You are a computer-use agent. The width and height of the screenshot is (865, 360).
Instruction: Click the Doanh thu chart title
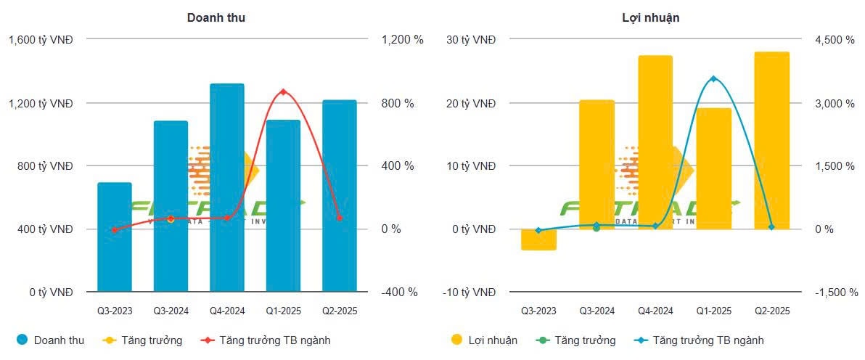(216, 17)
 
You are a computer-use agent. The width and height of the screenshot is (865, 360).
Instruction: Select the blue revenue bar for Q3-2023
(114, 237)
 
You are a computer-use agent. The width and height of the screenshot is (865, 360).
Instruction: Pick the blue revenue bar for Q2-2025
(340, 195)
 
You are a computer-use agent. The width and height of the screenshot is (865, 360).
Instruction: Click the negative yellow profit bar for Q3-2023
(538, 240)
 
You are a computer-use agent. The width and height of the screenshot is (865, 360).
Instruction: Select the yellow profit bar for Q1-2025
(713, 168)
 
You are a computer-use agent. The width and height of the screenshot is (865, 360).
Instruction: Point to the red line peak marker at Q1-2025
(283, 92)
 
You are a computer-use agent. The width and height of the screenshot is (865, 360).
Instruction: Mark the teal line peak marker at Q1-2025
(713, 78)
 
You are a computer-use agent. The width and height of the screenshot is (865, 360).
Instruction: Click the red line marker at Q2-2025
(340, 218)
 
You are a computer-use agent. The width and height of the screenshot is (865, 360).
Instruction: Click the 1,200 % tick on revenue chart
(402, 40)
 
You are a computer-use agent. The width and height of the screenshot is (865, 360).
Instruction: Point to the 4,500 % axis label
(834, 40)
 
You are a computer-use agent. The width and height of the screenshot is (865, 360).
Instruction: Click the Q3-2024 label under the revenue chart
(171, 311)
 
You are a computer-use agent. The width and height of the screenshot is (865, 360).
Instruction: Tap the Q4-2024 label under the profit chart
(655, 311)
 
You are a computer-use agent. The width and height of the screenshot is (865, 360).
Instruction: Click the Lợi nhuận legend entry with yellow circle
(484, 340)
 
